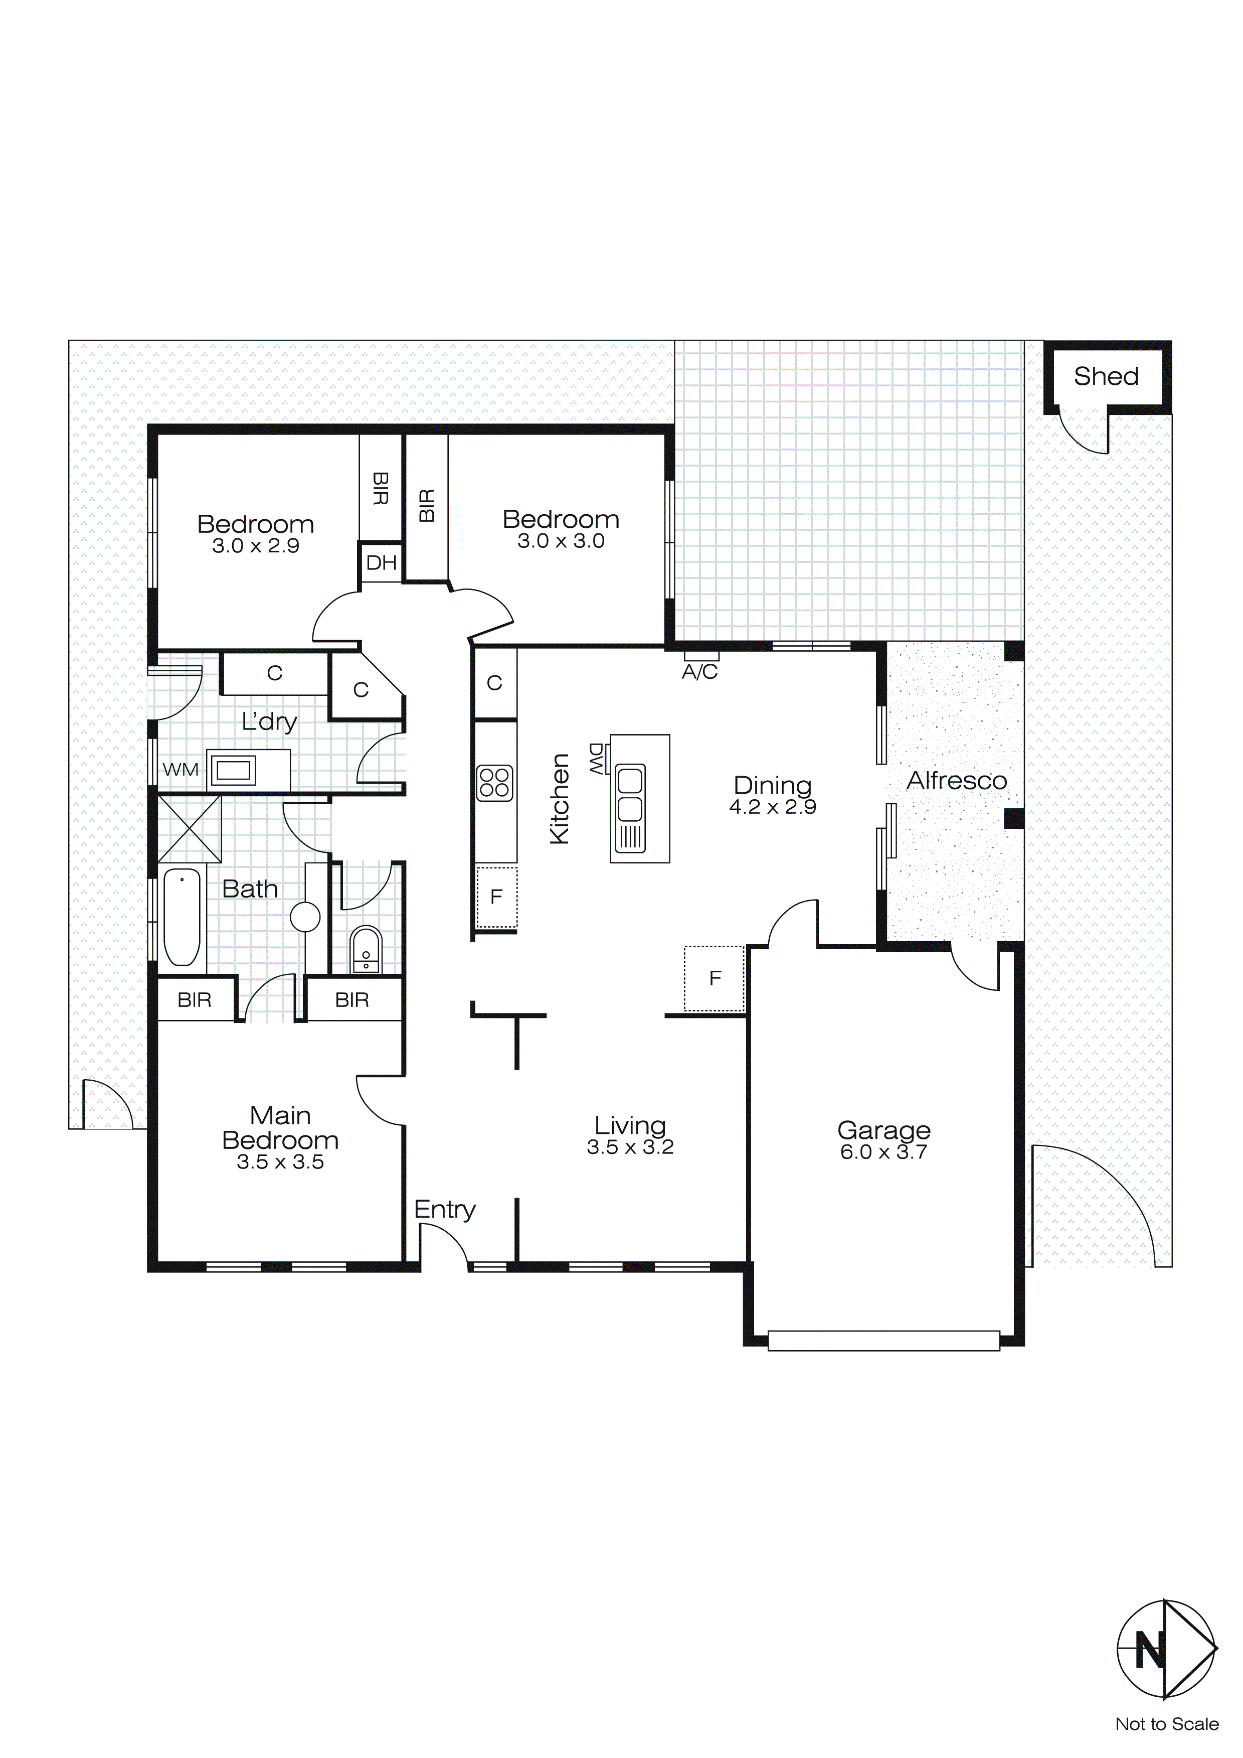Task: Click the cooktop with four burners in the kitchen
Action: point(494,783)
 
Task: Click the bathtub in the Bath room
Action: point(182,917)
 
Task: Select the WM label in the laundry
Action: point(180,770)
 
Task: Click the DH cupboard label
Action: point(381,563)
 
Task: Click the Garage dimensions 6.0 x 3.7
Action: point(883,1152)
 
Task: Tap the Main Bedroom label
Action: point(280,1128)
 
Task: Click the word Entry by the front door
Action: point(445,1210)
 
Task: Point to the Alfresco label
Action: point(956,781)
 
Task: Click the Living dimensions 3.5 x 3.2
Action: point(630,1147)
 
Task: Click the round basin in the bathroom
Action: point(305,917)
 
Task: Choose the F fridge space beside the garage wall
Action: point(715,978)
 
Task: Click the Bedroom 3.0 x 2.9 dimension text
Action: point(256,546)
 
